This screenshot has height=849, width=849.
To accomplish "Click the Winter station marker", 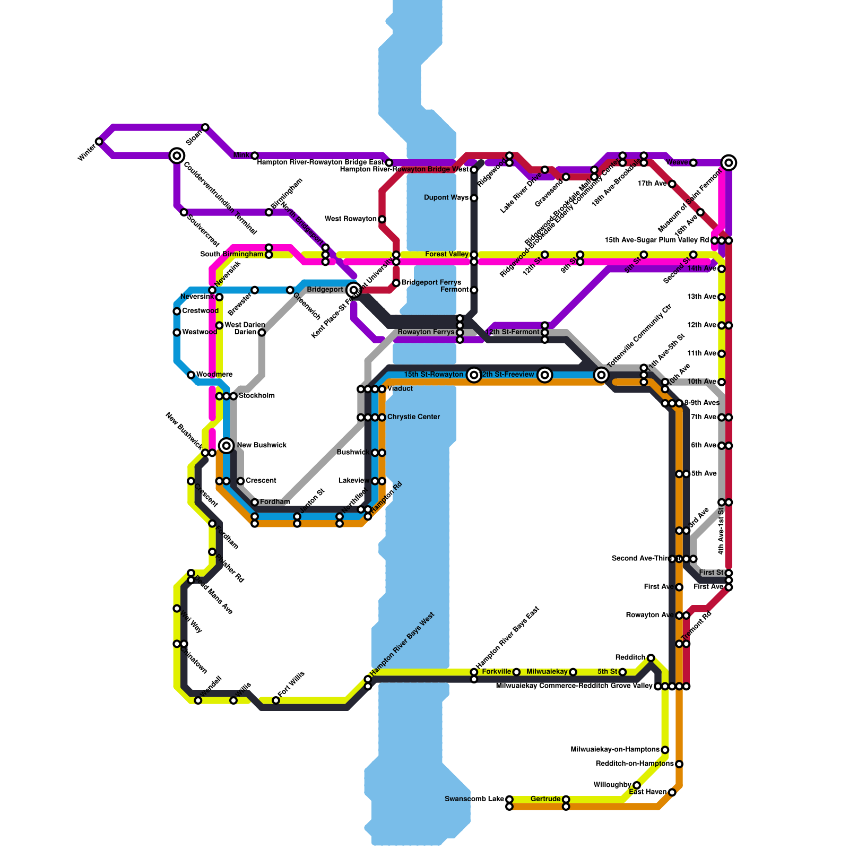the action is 99,142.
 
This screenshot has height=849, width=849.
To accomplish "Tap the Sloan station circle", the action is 205,127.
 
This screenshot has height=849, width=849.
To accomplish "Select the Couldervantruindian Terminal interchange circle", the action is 177,155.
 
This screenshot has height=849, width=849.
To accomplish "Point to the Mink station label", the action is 241,155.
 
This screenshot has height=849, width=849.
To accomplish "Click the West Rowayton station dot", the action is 382,219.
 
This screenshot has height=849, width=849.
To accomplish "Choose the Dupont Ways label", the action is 446,198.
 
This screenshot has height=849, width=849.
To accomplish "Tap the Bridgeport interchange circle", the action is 353,290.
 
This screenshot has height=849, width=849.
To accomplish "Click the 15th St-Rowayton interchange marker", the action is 474,375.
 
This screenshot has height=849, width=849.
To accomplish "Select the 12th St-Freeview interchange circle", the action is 544,375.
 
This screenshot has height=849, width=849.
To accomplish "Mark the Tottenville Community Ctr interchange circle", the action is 601,375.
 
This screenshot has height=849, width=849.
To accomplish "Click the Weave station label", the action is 677,162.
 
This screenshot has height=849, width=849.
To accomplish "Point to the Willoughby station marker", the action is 637,785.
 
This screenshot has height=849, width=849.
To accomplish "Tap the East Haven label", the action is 647,792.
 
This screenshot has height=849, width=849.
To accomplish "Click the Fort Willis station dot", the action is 276,700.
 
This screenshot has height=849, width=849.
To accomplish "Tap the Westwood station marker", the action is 177,333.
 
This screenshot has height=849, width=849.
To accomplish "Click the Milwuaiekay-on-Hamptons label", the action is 615,750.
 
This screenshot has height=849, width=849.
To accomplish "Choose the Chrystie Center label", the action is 413,417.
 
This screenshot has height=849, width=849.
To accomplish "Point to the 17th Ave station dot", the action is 672,184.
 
